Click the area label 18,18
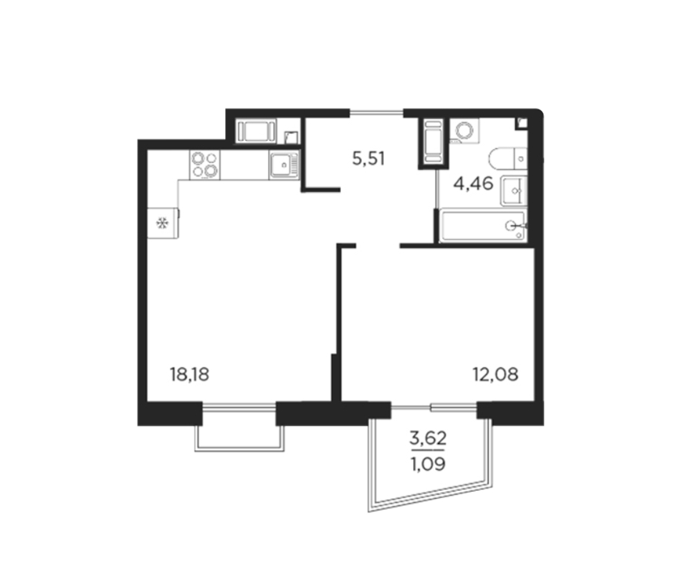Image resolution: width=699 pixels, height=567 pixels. click(x=190, y=374)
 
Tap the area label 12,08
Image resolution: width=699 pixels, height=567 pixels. click(x=495, y=374)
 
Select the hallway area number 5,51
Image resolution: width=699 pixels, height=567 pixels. click(x=369, y=159)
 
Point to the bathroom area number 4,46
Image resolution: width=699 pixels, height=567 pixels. click(x=474, y=183)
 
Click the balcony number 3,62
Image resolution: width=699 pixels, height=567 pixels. click(x=428, y=439)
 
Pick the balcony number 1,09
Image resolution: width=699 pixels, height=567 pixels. click(x=428, y=464)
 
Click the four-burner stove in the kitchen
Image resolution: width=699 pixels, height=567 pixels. click(x=205, y=164)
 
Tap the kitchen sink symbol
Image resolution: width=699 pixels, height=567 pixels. click(x=284, y=164)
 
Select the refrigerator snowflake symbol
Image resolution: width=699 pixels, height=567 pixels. click(x=162, y=223)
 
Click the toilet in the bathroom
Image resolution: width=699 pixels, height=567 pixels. click(x=508, y=158)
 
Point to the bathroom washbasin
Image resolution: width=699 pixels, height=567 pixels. click(x=514, y=190)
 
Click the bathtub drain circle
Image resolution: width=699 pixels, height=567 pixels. click(x=511, y=226)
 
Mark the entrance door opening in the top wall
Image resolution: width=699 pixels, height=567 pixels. click(x=377, y=113)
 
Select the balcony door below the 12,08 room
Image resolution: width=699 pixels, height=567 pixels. click(x=434, y=406)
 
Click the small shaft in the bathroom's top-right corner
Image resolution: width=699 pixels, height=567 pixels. click(x=521, y=123)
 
